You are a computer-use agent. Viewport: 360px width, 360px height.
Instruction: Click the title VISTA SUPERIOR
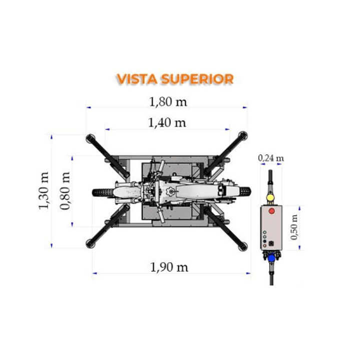175,79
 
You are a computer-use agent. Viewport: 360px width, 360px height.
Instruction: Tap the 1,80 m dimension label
168,102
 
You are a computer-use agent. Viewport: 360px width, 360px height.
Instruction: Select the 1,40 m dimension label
167,123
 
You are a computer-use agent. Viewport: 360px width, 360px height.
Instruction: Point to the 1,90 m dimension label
169,267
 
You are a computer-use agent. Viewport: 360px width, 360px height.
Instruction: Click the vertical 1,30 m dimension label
44,191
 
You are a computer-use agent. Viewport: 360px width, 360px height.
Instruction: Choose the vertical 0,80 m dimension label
65,191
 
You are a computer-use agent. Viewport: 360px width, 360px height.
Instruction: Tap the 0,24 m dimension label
271,158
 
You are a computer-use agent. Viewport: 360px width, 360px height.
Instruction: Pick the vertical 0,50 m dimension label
294,227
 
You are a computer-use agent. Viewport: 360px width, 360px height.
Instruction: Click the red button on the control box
271,211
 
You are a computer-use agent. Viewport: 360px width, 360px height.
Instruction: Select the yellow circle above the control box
270,198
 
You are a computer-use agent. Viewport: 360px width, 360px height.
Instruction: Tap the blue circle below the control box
271,258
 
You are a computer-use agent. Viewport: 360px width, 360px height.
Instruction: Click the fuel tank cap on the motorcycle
170,191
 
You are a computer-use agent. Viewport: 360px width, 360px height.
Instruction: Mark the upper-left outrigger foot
90,139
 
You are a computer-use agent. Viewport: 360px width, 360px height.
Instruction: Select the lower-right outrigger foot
243,246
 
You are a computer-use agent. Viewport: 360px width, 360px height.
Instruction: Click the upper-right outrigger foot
243,136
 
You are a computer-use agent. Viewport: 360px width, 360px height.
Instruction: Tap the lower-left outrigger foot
90,244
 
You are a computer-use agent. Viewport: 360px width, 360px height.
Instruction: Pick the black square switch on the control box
271,243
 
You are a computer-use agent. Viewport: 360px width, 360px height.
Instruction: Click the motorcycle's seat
197,192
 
